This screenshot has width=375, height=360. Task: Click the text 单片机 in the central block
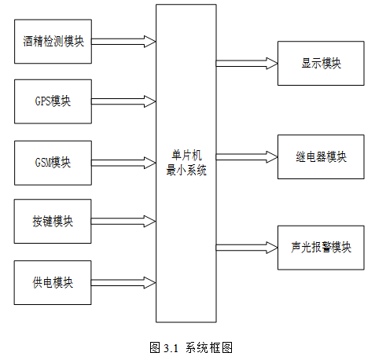tap(186, 155)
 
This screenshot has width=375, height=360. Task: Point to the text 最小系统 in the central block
tap(186, 171)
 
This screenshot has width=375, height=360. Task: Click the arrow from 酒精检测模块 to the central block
tap(123, 42)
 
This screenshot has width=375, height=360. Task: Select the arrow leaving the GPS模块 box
tap(123, 101)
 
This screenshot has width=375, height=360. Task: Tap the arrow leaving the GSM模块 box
tap(123, 163)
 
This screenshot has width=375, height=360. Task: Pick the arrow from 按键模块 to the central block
tap(123, 222)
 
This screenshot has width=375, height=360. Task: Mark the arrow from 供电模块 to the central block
tap(123, 283)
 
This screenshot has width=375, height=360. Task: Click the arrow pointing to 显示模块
tap(247, 63)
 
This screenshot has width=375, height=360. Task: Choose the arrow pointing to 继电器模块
tap(247, 157)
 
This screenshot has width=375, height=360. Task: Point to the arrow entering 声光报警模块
tap(247, 248)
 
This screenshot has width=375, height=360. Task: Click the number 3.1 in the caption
tap(171, 348)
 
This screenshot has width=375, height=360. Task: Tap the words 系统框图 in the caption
tap(209, 348)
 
